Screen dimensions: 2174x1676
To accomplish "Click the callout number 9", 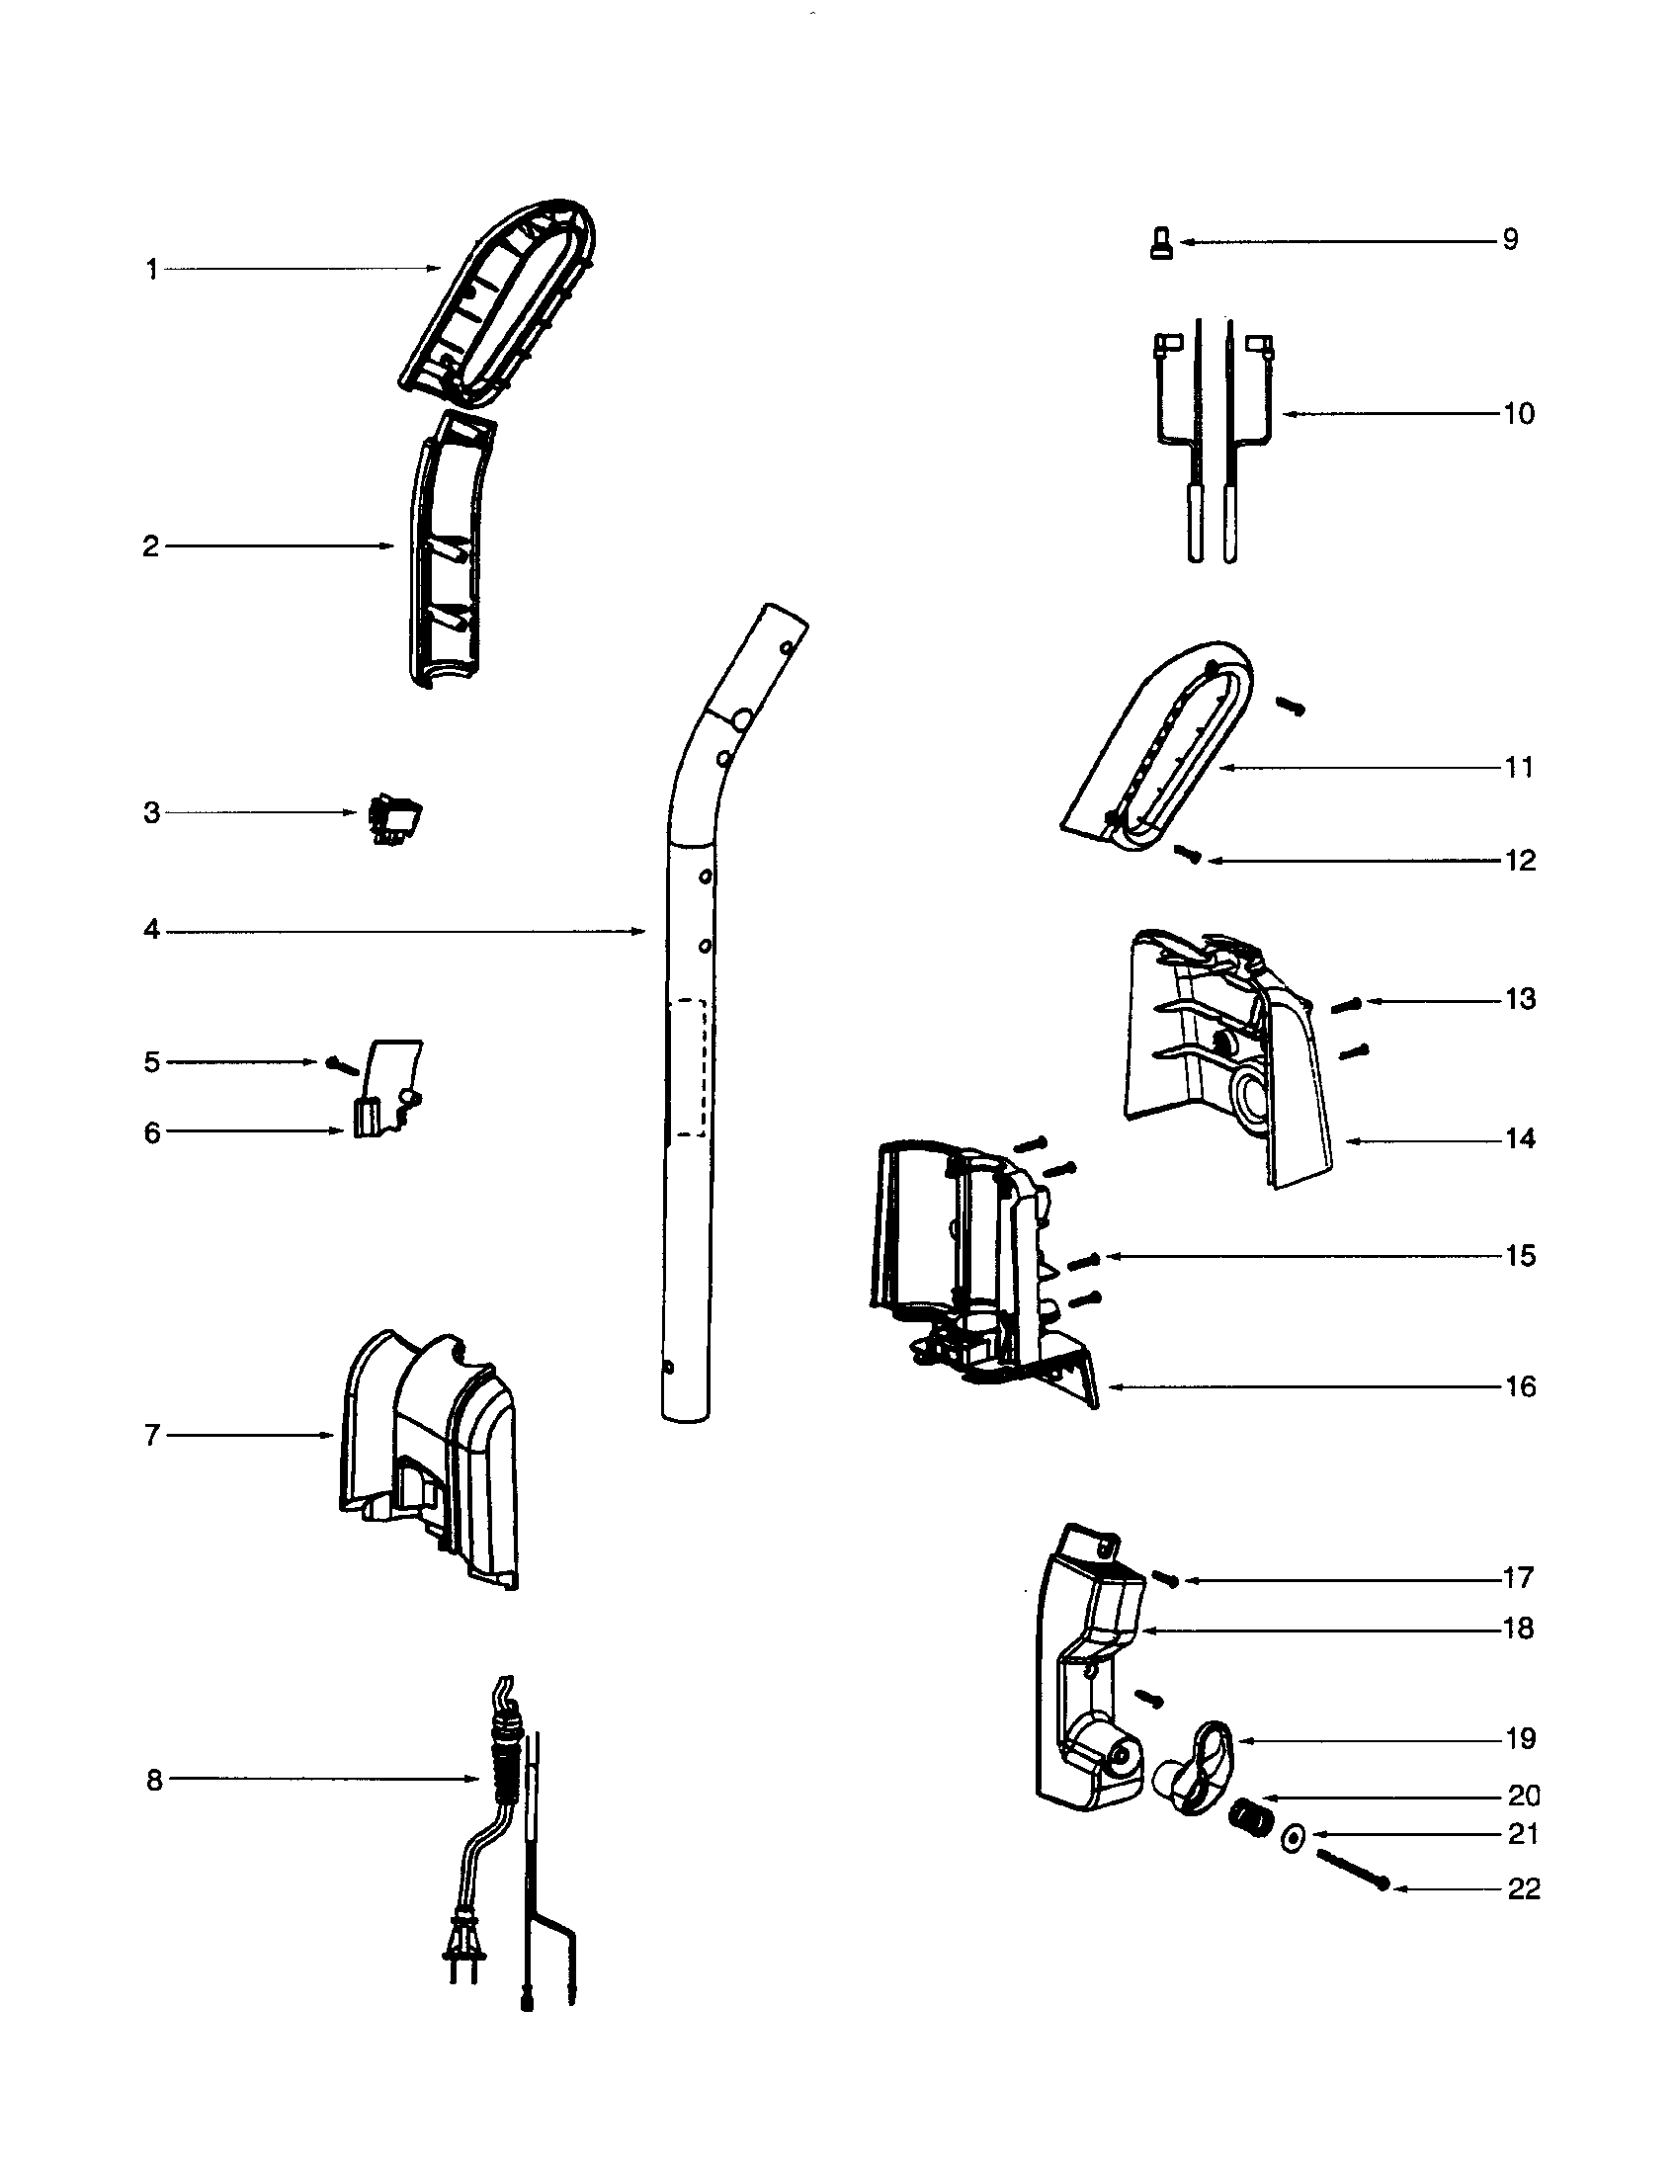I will pos(1510,240).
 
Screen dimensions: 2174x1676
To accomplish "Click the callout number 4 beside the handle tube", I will pos(151,930).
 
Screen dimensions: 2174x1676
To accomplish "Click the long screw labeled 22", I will pos(1352,1869).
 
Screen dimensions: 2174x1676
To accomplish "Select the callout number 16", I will pos(1520,1386).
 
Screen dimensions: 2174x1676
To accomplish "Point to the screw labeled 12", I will pos(1186,853).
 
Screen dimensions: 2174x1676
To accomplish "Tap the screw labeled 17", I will pos(1165,1578).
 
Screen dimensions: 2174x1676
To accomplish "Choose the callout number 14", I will pos(1520,1138).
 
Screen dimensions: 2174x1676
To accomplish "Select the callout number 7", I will pos(152,1436).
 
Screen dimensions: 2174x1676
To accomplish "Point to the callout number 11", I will pos(1519,768).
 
